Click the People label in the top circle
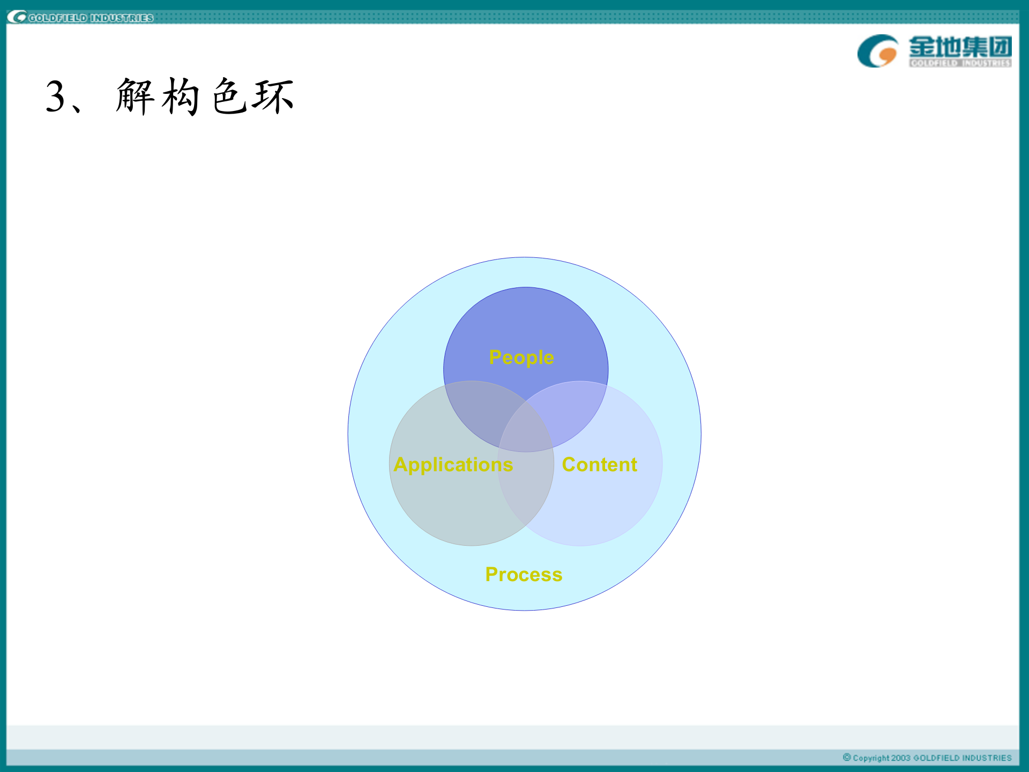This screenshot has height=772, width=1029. (x=521, y=358)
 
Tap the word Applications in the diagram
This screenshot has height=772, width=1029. (x=453, y=465)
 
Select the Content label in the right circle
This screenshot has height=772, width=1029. (x=599, y=464)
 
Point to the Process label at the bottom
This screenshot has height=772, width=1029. (x=524, y=575)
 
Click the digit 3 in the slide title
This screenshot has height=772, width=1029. (x=56, y=97)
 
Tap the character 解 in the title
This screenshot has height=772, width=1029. (x=135, y=96)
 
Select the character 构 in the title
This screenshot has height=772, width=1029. (x=181, y=96)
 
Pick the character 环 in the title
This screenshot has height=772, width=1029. (x=274, y=96)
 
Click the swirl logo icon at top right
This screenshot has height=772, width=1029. (x=877, y=51)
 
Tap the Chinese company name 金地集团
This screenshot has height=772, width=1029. (x=960, y=47)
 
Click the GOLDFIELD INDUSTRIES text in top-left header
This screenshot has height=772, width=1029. (x=91, y=18)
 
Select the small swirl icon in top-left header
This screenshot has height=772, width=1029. (x=17, y=18)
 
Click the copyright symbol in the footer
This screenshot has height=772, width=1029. (x=847, y=757)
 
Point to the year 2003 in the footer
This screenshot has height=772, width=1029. (x=900, y=758)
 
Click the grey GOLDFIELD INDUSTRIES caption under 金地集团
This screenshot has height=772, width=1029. (x=960, y=63)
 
